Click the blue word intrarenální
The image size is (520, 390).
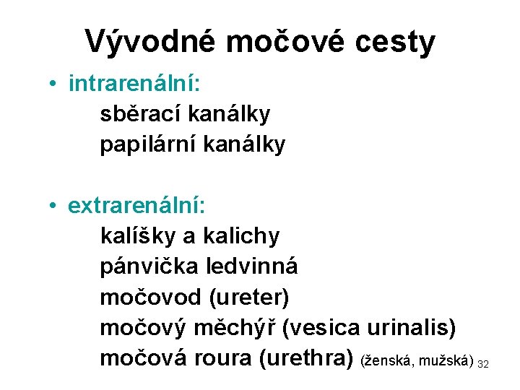click(x=134, y=84)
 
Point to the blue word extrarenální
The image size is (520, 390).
click(x=137, y=206)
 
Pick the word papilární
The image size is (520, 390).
click(x=147, y=145)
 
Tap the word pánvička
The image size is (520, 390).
click(x=148, y=266)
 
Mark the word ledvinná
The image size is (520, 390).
click(x=251, y=266)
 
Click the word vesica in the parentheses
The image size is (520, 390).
click(x=321, y=328)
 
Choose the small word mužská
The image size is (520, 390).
click(x=448, y=360)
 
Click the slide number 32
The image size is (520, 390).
click(x=483, y=363)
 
